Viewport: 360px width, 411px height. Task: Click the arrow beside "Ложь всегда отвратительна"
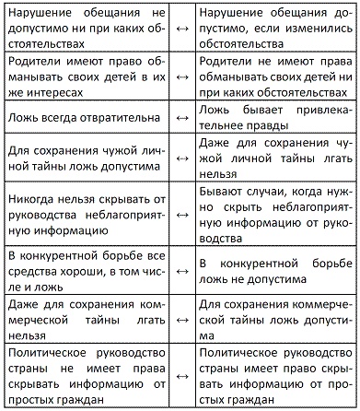point(180,120)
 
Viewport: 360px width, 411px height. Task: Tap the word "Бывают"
point(223,191)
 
